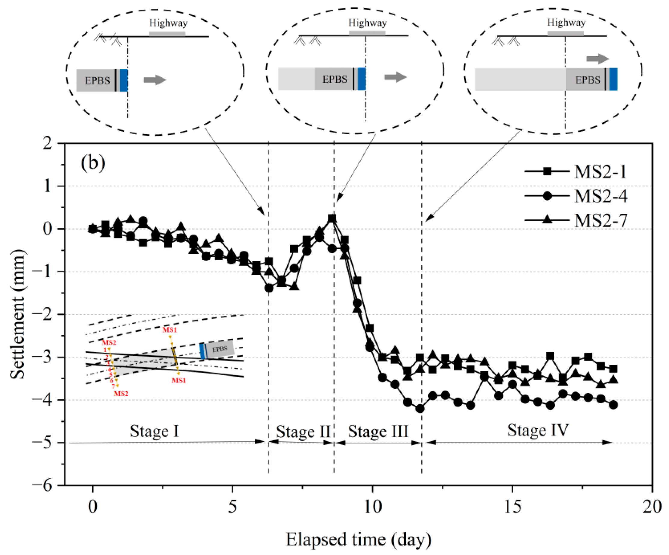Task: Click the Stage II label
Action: tap(303, 432)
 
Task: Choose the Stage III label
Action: tap(378, 432)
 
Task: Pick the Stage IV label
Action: tap(538, 430)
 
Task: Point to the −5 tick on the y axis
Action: tap(47, 443)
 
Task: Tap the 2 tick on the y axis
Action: tap(48, 143)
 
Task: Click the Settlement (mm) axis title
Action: tap(17, 314)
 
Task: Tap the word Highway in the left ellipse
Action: tap(168, 23)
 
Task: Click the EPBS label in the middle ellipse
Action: tap(334, 79)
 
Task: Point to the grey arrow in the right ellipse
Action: tap(598, 59)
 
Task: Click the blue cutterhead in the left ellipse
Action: tap(124, 80)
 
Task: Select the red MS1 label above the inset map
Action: tap(170, 330)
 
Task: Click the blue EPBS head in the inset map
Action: tap(202, 351)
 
